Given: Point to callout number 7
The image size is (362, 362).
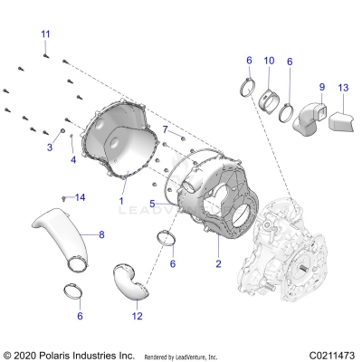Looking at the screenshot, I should pos(166,130).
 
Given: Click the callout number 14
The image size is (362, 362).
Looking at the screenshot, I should pos(80,197).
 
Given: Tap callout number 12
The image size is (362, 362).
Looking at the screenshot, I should pos(137,316).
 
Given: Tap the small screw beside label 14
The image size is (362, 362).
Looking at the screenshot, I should pos(63,196).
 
